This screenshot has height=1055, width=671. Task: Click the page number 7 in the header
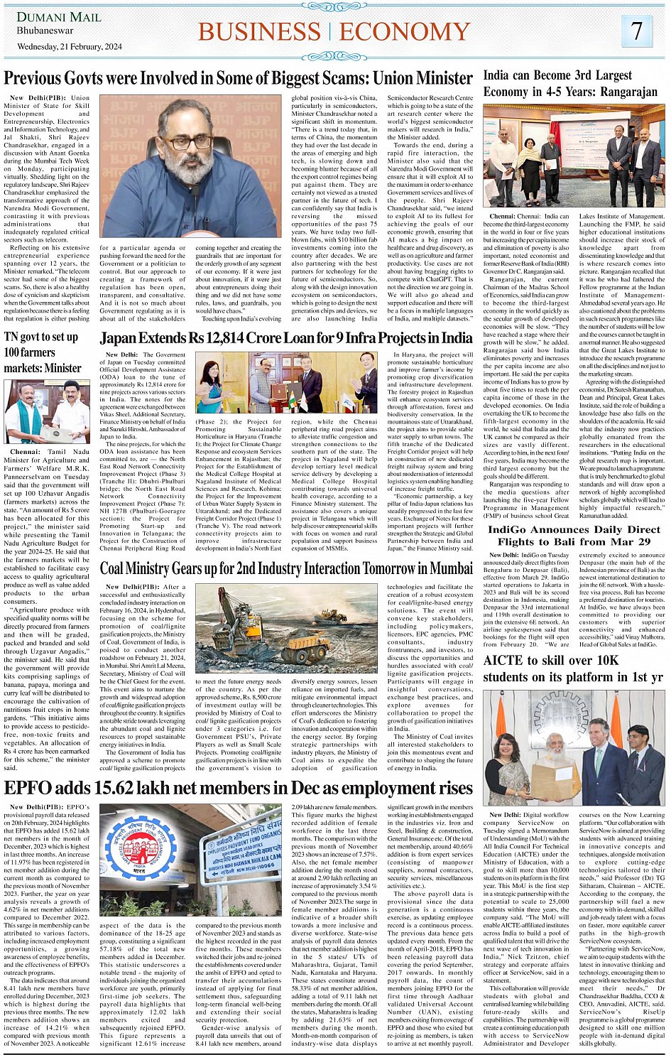tap(637, 31)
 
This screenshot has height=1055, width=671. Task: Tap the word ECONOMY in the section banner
tap(405, 32)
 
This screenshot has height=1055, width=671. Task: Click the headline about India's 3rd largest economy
tap(570, 83)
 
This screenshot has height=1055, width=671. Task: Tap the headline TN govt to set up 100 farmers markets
tap(43, 352)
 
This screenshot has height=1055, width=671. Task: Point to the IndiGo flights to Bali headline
tap(574, 535)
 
